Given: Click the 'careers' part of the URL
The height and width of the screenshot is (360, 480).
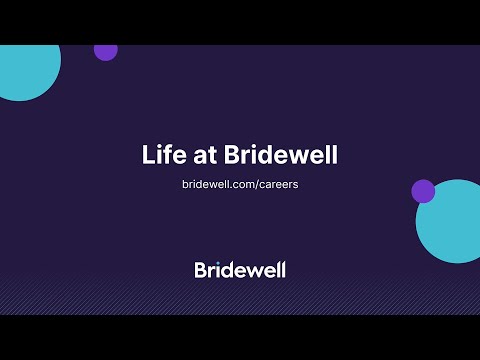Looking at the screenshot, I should click(x=275, y=185).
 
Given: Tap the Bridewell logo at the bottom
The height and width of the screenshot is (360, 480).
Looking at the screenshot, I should click(x=240, y=269).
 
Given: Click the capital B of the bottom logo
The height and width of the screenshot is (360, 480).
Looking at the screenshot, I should click(x=201, y=269).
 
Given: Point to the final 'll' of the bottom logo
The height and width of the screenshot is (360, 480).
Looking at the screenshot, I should click(x=281, y=269).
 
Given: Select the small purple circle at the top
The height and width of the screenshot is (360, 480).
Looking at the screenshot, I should click(x=106, y=51).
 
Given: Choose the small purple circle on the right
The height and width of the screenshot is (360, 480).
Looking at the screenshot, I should click(x=423, y=191).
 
